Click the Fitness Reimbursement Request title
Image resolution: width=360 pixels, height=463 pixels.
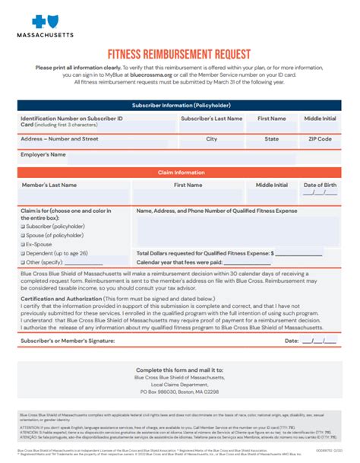tap(179, 55)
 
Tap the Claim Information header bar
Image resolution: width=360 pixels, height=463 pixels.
tap(180, 173)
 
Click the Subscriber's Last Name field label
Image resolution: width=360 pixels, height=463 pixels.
tap(211, 119)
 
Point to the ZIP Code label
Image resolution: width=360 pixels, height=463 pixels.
tap(319, 139)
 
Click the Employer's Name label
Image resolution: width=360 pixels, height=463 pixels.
tap(43, 154)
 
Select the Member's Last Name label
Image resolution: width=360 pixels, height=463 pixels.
tap(49, 185)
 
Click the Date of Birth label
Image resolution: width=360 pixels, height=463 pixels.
tap(320, 185)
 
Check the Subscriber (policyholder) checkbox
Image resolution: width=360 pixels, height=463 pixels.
tap(24, 227)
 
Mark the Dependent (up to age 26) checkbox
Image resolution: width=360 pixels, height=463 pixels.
tap(24, 253)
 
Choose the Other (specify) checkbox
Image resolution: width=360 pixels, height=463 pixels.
tap(24, 262)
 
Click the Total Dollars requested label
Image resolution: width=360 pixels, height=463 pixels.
tap(202, 253)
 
